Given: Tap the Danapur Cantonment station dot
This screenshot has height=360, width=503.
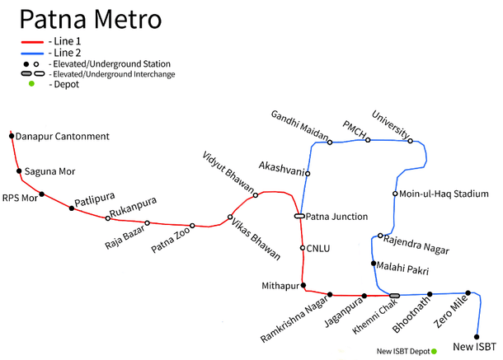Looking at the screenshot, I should [12, 135].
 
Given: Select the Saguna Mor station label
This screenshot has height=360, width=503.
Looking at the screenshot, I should [49, 171].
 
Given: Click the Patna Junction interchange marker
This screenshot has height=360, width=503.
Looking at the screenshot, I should [300, 217].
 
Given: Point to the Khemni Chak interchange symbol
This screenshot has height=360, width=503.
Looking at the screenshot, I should [394, 295].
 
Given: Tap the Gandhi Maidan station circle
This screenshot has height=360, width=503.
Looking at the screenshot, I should [330, 143].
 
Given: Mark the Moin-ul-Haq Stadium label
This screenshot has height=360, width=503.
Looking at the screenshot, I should [444, 194].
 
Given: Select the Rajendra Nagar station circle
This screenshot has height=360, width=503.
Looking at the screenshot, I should [380, 236].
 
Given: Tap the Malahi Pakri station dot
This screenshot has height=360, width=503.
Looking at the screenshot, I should [374, 264].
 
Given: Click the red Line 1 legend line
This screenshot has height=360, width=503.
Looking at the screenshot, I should [32, 41].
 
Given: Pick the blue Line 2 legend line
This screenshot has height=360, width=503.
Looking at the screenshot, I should [32, 53].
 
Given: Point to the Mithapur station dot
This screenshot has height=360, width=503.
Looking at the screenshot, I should [304, 286].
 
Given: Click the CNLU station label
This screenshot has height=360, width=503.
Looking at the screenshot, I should [318, 247].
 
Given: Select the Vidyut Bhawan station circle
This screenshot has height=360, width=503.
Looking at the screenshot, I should [256, 195].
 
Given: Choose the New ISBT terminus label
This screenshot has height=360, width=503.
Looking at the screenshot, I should [475, 346].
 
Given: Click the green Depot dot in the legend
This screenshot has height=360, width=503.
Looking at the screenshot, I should [32, 84].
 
